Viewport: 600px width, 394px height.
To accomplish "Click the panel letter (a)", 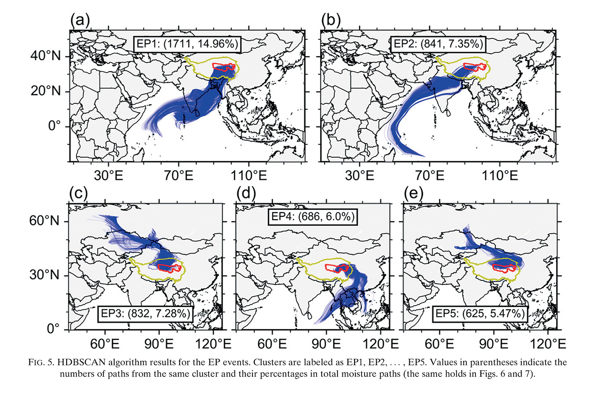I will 80,20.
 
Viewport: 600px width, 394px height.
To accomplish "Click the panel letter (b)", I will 331,20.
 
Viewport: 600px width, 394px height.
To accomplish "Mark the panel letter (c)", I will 78,193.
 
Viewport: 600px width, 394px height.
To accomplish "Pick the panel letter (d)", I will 246,193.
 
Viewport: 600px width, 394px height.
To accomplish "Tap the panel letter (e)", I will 413,193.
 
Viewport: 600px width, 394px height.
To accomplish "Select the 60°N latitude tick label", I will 44,221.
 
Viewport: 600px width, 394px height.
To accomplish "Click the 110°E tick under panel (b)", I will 500,176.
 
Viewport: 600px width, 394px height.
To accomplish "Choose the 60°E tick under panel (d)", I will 272,344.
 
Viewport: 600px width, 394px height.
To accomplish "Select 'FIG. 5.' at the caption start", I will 42,362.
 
